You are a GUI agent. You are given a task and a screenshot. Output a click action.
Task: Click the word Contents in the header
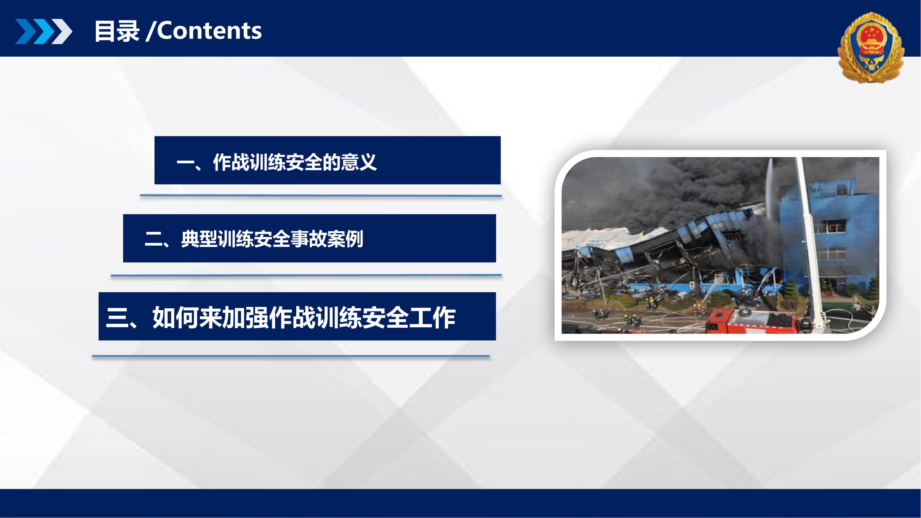click(209, 31)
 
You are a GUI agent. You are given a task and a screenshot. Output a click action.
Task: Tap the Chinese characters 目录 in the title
click(117, 31)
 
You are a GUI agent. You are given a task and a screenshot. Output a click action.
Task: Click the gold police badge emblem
click(871, 48)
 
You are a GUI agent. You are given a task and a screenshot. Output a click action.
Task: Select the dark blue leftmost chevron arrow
click(26, 31)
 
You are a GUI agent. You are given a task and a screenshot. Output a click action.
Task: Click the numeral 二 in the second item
click(154, 240)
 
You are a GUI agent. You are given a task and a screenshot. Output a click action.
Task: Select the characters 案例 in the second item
click(345, 239)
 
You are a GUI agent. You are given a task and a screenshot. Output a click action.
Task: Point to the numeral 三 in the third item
click(117, 317)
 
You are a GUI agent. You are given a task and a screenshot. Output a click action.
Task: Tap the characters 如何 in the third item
click(175, 317)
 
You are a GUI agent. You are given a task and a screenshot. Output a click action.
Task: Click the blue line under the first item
click(320, 195)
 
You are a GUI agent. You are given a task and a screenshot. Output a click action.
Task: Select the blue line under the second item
click(306, 275)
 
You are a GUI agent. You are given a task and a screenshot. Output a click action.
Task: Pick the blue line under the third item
click(290, 355)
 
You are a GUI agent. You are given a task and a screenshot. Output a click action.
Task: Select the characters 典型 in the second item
click(199, 239)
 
